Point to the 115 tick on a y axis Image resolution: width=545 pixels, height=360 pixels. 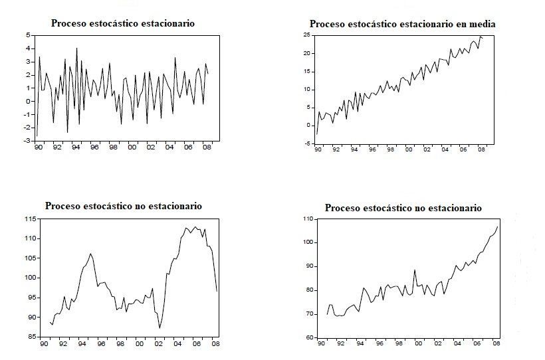[29, 219]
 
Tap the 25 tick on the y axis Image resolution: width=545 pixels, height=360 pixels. [306, 35]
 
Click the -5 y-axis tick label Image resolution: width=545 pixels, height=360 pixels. [306, 143]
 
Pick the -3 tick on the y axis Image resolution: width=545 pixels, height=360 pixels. [28, 141]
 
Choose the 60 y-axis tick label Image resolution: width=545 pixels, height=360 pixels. [308, 337]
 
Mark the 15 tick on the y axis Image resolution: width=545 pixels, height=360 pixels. [306, 71]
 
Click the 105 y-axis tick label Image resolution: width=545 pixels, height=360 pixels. [29, 258]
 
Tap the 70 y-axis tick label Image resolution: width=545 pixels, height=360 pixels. [308, 314]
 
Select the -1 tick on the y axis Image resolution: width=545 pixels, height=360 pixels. [28, 114]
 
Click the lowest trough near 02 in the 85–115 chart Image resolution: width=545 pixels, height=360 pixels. [160, 328]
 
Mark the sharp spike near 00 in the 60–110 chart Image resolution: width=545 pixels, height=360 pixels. [415, 270]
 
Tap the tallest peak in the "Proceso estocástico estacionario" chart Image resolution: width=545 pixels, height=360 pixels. [76, 48]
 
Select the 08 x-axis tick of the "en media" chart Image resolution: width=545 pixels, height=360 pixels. [481, 151]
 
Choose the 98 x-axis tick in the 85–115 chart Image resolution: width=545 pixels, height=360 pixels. [120, 345]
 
